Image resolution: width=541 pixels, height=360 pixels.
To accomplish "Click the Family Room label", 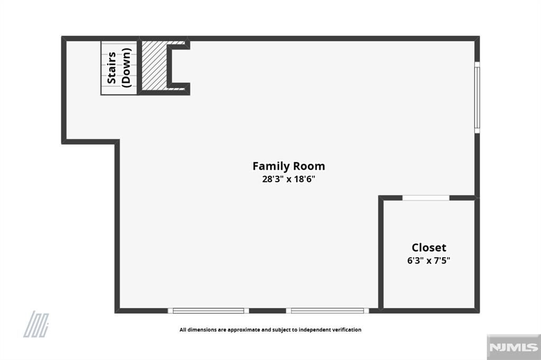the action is [288, 166].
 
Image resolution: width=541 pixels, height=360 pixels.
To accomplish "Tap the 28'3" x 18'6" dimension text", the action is [289, 179].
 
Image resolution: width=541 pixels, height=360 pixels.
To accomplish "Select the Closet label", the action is [429, 248].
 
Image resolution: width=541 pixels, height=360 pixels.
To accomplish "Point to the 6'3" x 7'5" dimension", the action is [428, 260].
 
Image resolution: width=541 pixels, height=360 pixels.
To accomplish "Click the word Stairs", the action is [111, 68].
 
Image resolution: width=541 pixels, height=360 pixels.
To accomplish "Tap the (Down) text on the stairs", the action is [126, 68].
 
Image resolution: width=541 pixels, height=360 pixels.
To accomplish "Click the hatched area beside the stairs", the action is [154, 65].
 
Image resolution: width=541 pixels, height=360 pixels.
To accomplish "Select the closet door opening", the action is [426, 198].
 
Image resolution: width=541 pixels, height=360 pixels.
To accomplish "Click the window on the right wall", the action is [477, 97].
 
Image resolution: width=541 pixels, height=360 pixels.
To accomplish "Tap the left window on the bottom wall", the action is [208, 311].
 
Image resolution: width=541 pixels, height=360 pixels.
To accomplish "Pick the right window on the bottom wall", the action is [328, 311].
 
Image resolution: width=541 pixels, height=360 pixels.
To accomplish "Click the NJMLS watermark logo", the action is [514, 347].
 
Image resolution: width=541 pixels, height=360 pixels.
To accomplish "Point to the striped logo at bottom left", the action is [36, 324].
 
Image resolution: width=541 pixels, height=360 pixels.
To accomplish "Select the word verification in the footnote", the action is [347, 330].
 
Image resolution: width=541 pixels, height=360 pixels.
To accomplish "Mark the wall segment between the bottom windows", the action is [267, 311].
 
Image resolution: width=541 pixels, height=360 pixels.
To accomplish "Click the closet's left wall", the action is [381, 254].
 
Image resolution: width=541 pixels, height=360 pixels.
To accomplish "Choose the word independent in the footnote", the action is [314, 330].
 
